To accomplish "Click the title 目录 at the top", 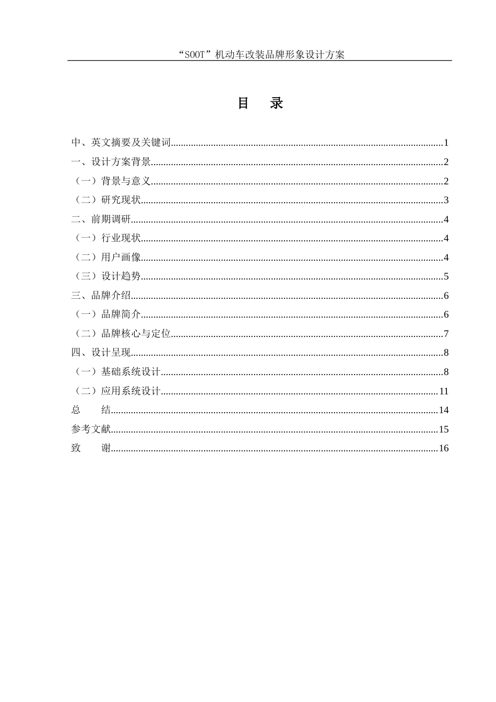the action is click(x=260, y=103).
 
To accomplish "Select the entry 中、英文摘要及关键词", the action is click(x=121, y=143).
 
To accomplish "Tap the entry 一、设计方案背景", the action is click(x=111, y=162).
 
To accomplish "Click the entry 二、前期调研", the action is click(x=101, y=219).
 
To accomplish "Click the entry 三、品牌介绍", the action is click(x=101, y=296).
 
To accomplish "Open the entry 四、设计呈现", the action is click(x=101, y=353).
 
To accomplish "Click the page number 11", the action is click(x=444, y=391).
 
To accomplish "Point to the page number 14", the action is click(x=444, y=410).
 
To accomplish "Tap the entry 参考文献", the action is click(x=91, y=429).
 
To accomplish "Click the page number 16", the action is click(x=444, y=448).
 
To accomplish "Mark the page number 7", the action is click(x=446, y=334).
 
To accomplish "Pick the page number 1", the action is click(x=446, y=143).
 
